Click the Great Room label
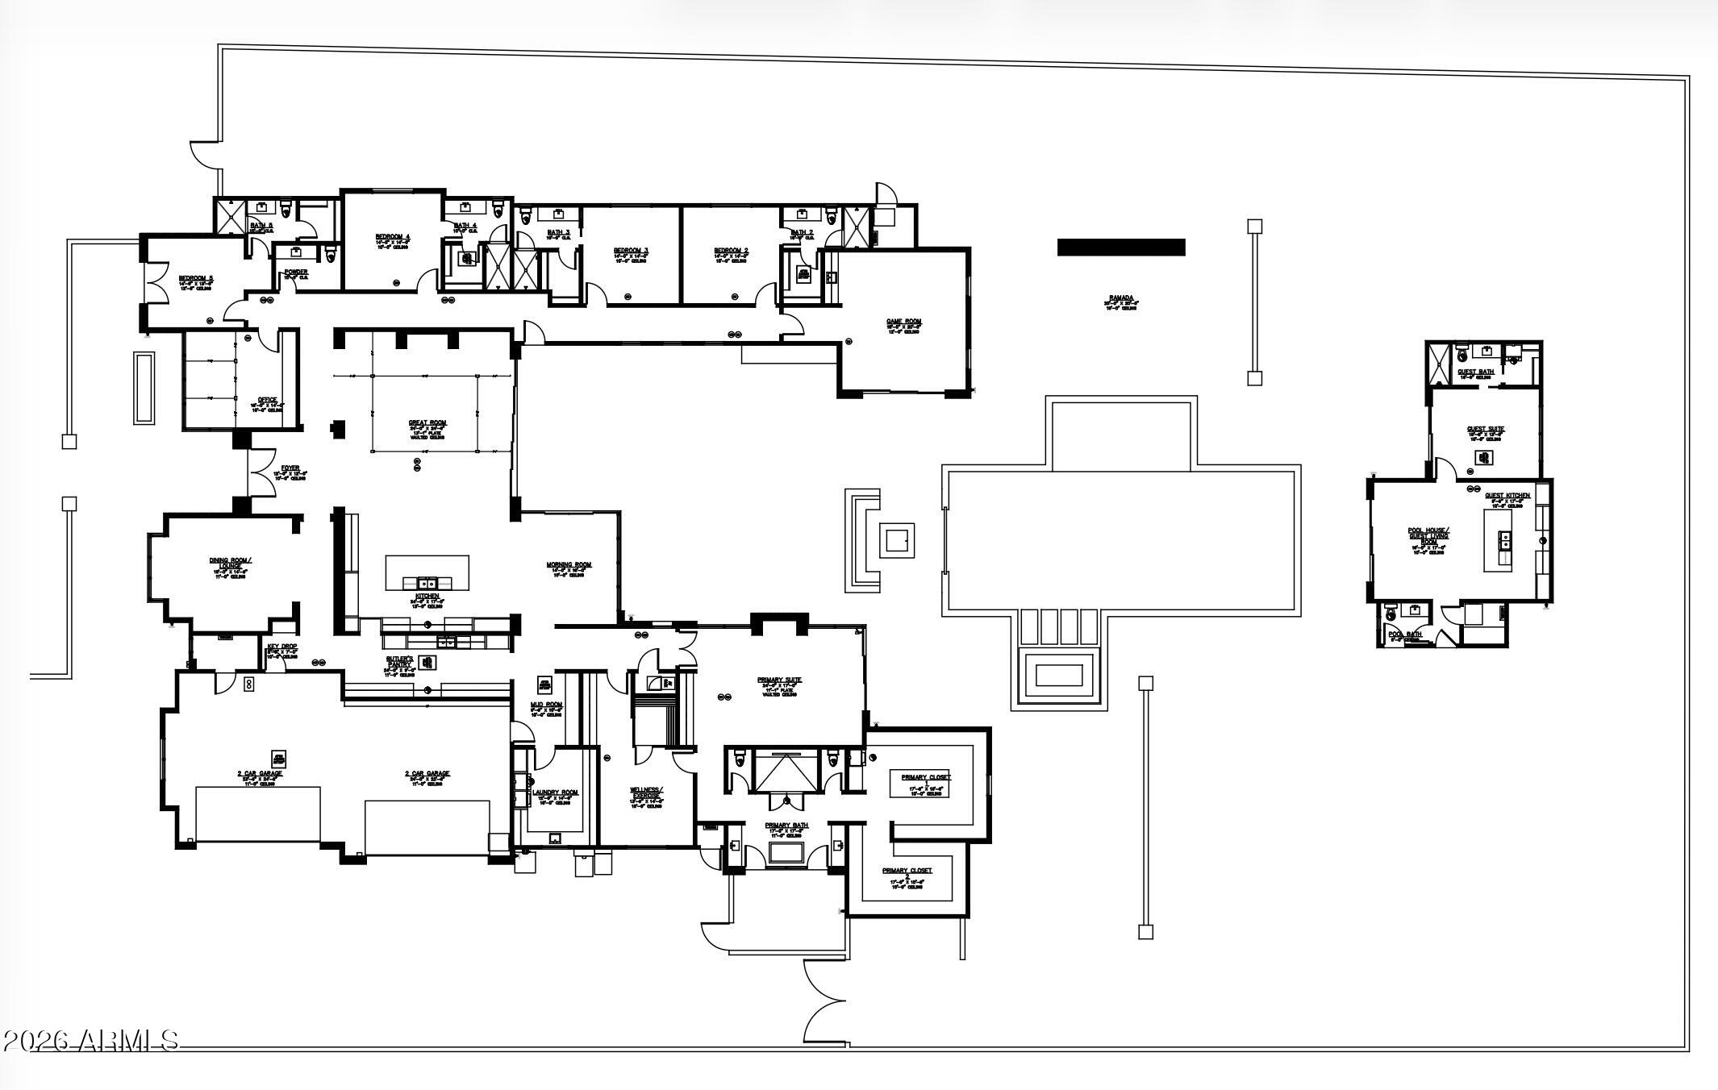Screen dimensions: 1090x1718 pos(427,423)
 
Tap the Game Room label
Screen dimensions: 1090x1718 pos(903,322)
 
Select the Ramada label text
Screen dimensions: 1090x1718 pos(1120,299)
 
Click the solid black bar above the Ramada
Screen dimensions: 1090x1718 pos(1121,248)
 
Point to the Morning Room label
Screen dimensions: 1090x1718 pos(569,565)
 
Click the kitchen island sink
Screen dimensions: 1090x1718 pos(426,582)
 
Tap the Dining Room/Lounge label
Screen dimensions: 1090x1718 pos(230,563)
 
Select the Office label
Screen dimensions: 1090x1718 pos(267,401)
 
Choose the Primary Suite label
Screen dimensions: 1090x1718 pos(779,680)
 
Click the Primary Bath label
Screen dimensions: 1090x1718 pos(786,826)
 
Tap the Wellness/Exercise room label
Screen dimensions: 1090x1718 pos(646,793)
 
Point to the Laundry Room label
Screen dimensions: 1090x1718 pos(556,793)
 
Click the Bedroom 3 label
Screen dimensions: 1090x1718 pos(631,251)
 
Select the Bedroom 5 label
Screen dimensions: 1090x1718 pos(196,279)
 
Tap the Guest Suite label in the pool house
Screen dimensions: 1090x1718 pos(1485,430)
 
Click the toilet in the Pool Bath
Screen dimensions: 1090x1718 pos(1389,614)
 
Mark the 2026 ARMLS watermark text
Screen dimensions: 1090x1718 pos(90,1040)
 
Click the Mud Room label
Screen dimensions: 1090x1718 pos(546,705)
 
